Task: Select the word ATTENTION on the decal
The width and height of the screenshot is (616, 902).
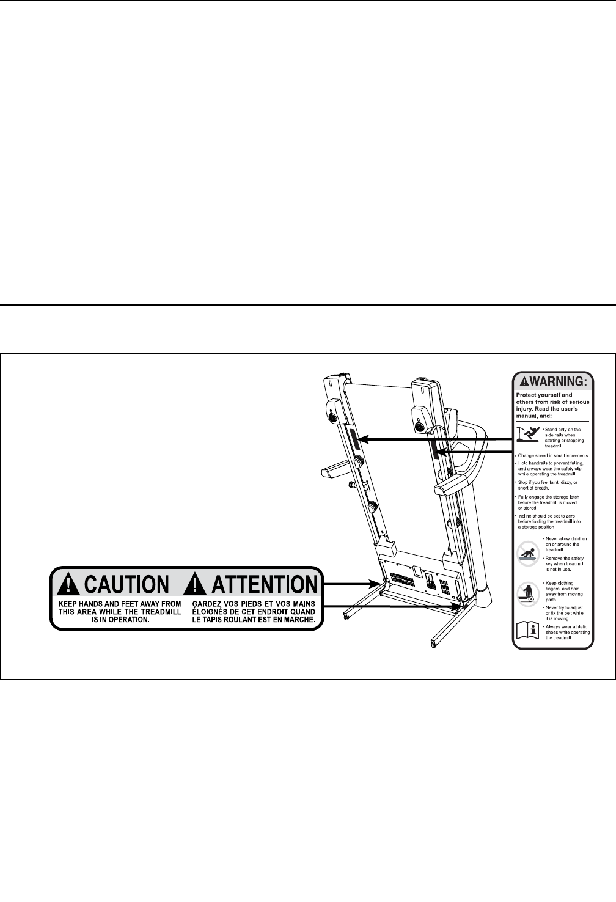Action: coord(264,584)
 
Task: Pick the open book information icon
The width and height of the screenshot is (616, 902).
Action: coord(526,633)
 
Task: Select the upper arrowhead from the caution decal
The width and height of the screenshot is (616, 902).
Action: coord(374,584)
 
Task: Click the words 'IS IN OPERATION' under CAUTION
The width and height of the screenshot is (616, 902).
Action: coord(120,619)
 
